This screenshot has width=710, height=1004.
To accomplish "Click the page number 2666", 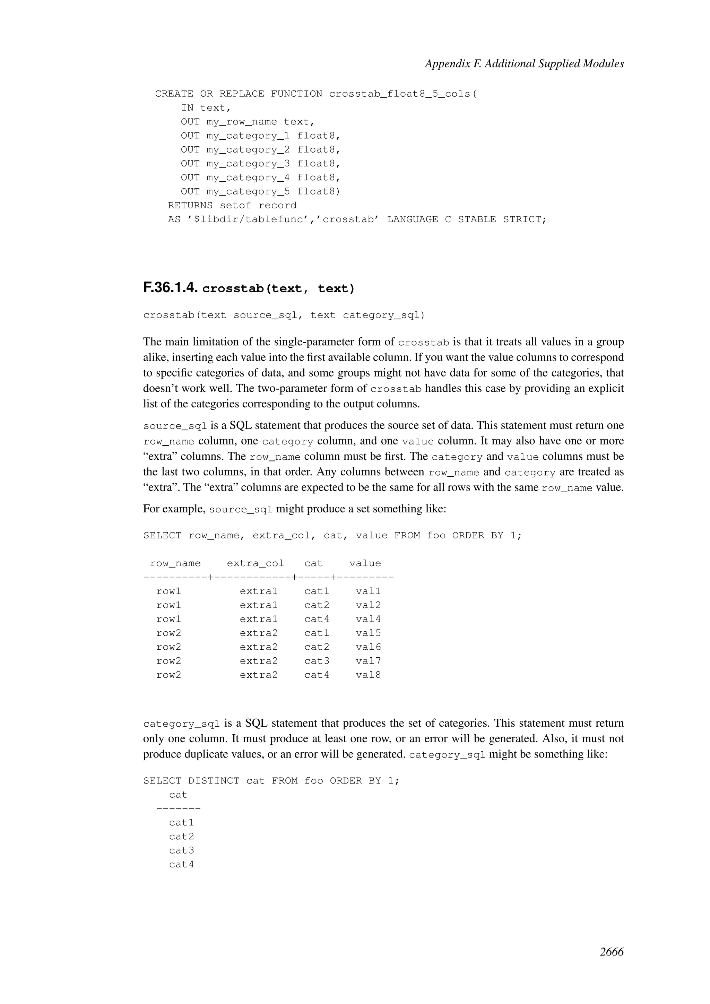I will click(x=611, y=952).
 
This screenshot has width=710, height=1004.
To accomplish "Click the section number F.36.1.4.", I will click(x=171, y=288).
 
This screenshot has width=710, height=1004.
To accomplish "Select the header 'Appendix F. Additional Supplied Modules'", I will click(x=524, y=64).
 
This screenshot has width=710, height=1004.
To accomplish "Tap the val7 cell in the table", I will click(x=368, y=661).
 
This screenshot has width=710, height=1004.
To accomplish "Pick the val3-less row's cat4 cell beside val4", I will click(x=317, y=619).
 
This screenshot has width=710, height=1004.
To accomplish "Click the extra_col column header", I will click(x=255, y=563).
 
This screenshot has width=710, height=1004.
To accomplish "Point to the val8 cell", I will click(x=368, y=675).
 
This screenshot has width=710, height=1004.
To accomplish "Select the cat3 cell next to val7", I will click(x=317, y=661).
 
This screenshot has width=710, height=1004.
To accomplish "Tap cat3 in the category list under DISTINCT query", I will click(x=181, y=850).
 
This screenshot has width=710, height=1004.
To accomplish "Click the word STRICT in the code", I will click(x=524, y=219).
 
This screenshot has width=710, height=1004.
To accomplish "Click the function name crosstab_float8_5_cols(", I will click(x=402, y=94).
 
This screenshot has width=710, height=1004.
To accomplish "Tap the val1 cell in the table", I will click(x=368, y=591).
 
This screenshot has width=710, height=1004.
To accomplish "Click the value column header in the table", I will click(x=365, y=563).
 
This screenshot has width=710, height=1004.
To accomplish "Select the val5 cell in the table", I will click(x=368, y=633).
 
